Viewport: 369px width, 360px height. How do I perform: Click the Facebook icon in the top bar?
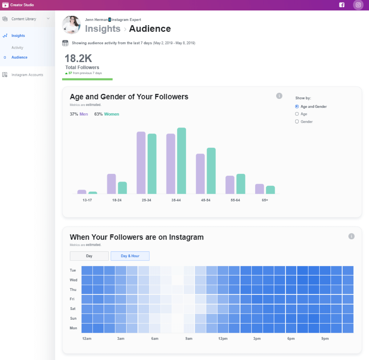pyautogui.click(x=342, y=5)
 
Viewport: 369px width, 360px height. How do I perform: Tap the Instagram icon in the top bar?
pyautogui.click(x=358, y=5)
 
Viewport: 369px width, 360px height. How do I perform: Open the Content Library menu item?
pyautogui.click(x=24, y=19)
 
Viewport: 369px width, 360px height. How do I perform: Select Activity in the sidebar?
pyautogui.click(x=17, y=48)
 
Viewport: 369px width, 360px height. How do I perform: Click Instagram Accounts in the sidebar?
pyautogui.click(x=27, y=75)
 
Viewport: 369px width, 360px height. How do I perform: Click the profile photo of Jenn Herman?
pyautogui.click(x=71, y=25)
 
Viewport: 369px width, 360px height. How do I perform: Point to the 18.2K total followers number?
pyautogui.click(x=78, y=58)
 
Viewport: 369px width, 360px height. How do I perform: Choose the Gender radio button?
pyautogui.click(x=297, y=122)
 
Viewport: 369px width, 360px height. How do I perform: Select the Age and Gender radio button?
pyautogui.click(x=297, y=106)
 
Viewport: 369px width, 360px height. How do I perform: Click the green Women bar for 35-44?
pyautogui.click(x=181, y=161)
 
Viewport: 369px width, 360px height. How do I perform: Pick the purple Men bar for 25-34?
pyautogui.click(x=141, y=163)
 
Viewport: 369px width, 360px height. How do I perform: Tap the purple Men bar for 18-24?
pyautogui.click(x=111, y=184)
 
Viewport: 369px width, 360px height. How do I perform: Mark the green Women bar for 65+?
pyautogui.click(x=270, y=190)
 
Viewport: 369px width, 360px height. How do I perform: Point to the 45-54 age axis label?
pyautogui.click(x=205, y=200)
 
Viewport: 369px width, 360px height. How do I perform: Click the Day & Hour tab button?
pyautogui.click(x=130, y=256)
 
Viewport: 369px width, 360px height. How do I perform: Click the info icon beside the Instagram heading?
pyautogui.click(x=351, y=236)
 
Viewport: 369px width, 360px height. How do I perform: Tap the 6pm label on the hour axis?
pyautogui.click(x=291, y=338)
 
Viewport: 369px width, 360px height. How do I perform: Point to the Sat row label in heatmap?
pyautogui.click(x=73, y=309)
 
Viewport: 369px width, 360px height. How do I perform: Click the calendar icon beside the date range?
pyautogui.click(x=65, y=43)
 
